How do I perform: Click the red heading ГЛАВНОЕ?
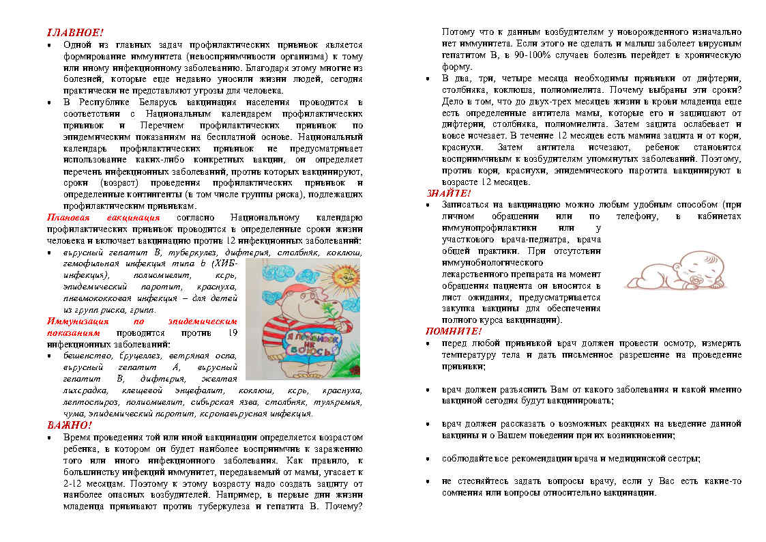coord(75,32)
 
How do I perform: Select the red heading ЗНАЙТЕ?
coord(448,193)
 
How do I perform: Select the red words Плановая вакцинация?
coord(103,218)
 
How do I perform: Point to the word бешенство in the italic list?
coord(85,356)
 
